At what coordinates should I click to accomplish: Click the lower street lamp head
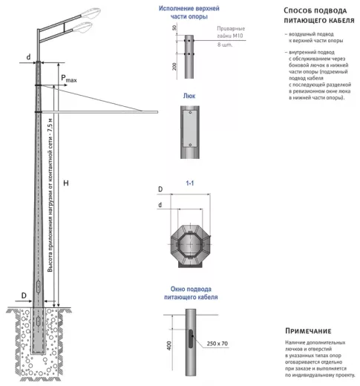[82, 27]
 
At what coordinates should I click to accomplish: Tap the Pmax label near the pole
[69, 79]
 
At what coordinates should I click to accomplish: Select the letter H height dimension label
[66, 183]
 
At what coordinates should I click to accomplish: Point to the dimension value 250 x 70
[217, 344]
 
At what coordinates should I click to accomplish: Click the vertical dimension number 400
[169, 345]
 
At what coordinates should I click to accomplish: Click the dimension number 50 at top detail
[174, 27]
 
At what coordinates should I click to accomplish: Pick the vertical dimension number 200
[174, 66]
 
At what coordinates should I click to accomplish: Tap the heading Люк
[189, 96]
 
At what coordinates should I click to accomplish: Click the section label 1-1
[190, 183]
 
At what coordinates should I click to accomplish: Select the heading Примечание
[308, 331]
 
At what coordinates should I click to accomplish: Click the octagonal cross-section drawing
[191, 245]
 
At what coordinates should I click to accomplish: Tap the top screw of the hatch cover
[190, 113]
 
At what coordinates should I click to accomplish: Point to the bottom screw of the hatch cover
[190, 145]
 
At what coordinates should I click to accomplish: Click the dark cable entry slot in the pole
[191, 338]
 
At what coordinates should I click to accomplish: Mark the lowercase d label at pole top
[28, 57]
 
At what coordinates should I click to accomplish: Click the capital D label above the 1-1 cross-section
[160, 189]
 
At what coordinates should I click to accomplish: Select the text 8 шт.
[225, 45]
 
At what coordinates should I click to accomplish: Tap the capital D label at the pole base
[24, 295]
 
